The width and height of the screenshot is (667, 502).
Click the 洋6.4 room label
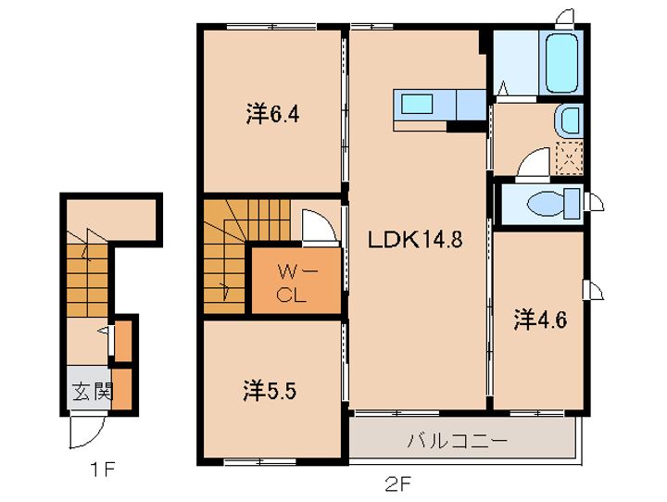[272, 114]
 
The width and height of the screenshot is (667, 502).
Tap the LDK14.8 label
[415, 240]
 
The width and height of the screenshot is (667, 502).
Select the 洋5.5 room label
[270, 391]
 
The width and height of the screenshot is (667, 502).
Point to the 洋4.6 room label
[540, 320]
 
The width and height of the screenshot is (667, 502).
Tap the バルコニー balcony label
[458, 441]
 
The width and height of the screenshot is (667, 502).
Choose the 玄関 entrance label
[93, 391]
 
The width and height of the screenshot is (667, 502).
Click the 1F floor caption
[102, 471]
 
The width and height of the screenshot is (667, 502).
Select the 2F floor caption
[398, 483]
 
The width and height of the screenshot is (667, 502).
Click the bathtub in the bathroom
[561, 63]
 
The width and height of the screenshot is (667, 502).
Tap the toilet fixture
[553, 204]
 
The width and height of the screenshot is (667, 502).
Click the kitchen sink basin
[417, 104]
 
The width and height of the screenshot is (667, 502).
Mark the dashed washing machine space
[569, 158]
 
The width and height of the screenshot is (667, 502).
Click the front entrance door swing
[86, 432]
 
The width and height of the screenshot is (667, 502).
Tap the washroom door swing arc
[534, 162]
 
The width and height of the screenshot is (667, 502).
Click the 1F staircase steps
[87, 280]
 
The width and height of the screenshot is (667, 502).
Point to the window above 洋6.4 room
[271, 26]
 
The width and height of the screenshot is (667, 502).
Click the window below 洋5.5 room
[260, 461]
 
